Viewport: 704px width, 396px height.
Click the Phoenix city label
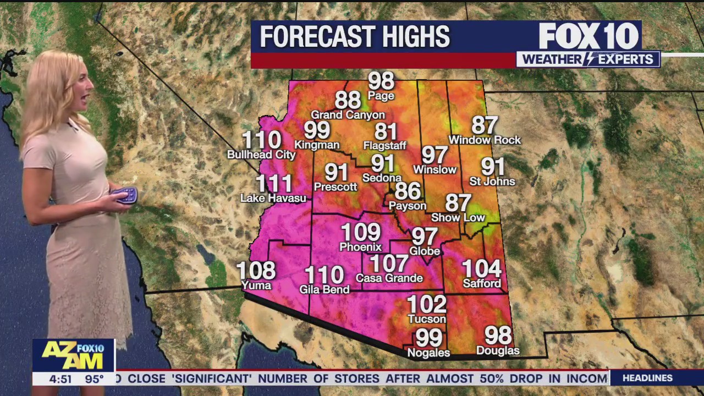(360, 247)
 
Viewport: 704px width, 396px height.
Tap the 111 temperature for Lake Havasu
(274, 184)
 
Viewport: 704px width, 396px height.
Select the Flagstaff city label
(384, 146)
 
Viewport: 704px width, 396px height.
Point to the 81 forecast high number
(386, 132)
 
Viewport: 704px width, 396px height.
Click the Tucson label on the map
(427, 319)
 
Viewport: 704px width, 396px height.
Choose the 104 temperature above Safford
(481, 269)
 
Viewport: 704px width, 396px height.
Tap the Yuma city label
(256, 285)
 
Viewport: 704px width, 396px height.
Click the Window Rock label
(485, 140)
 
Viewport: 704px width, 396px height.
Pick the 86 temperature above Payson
(408, 191)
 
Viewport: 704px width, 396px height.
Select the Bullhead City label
(261, 155)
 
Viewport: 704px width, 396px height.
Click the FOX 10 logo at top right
(588, 36)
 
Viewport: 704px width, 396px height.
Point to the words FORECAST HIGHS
(355, 37)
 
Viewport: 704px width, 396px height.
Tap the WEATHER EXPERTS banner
(588, 59)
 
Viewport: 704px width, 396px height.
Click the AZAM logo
(73, 355)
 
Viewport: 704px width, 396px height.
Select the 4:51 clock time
(60, 379)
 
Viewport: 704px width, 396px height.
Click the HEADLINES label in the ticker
(647, 378)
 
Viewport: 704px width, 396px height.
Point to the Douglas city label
(497, 351)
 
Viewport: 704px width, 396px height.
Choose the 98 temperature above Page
(381, 81)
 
